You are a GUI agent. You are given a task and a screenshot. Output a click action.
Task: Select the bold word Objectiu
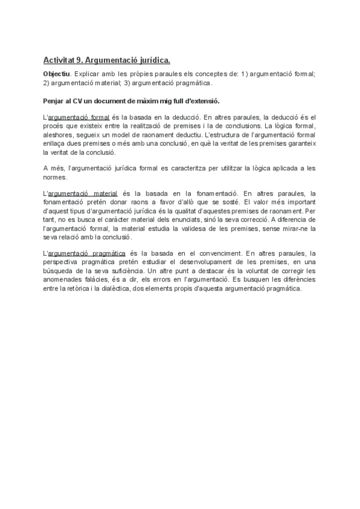pyautogui.click(x=56, y=74)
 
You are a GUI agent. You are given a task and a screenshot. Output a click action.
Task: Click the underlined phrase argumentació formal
pyautogui.click(x=79, y=117)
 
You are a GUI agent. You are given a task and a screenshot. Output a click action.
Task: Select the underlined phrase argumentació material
pyautogui.click(x=82, y=194)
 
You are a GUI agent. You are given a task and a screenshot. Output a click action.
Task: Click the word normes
pyautogui.click(x=55, y=177)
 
